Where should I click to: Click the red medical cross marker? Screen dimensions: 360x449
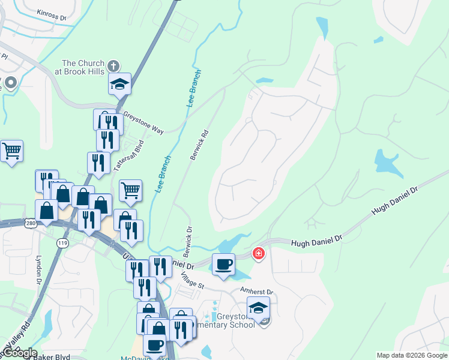tap(259, 254)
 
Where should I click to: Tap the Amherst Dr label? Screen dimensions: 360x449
tap(256, 292)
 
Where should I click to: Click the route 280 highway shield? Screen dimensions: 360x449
tap(31, 223)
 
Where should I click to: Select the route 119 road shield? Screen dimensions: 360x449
tap(62, 243)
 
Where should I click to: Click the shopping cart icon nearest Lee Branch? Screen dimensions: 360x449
tap(130, 191)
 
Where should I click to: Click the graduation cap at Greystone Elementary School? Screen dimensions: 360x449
tap(258, 308)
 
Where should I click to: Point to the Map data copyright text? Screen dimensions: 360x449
tap(412, 355)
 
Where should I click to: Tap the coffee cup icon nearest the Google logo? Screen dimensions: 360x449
tap(154, 346)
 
